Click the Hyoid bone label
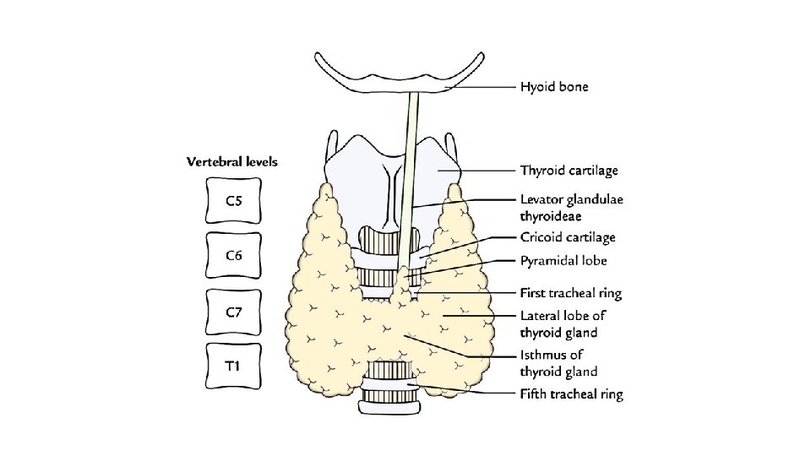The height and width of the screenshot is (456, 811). click(x=554, y=86)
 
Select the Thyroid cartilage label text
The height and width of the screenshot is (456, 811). click(x=569, y=171)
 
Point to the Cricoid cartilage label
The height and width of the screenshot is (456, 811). click(x=568, y=238)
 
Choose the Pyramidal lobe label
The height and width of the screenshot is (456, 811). click(x=563, y=261)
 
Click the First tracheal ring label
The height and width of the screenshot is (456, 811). click(x=570, y=294)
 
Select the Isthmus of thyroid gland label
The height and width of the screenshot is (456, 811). click(x=558, y=363)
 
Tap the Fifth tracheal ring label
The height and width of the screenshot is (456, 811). click(x=571, y=394)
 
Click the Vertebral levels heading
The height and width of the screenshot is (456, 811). click(x=232, y=161)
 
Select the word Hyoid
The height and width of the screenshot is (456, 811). click(x=536, y=86)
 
